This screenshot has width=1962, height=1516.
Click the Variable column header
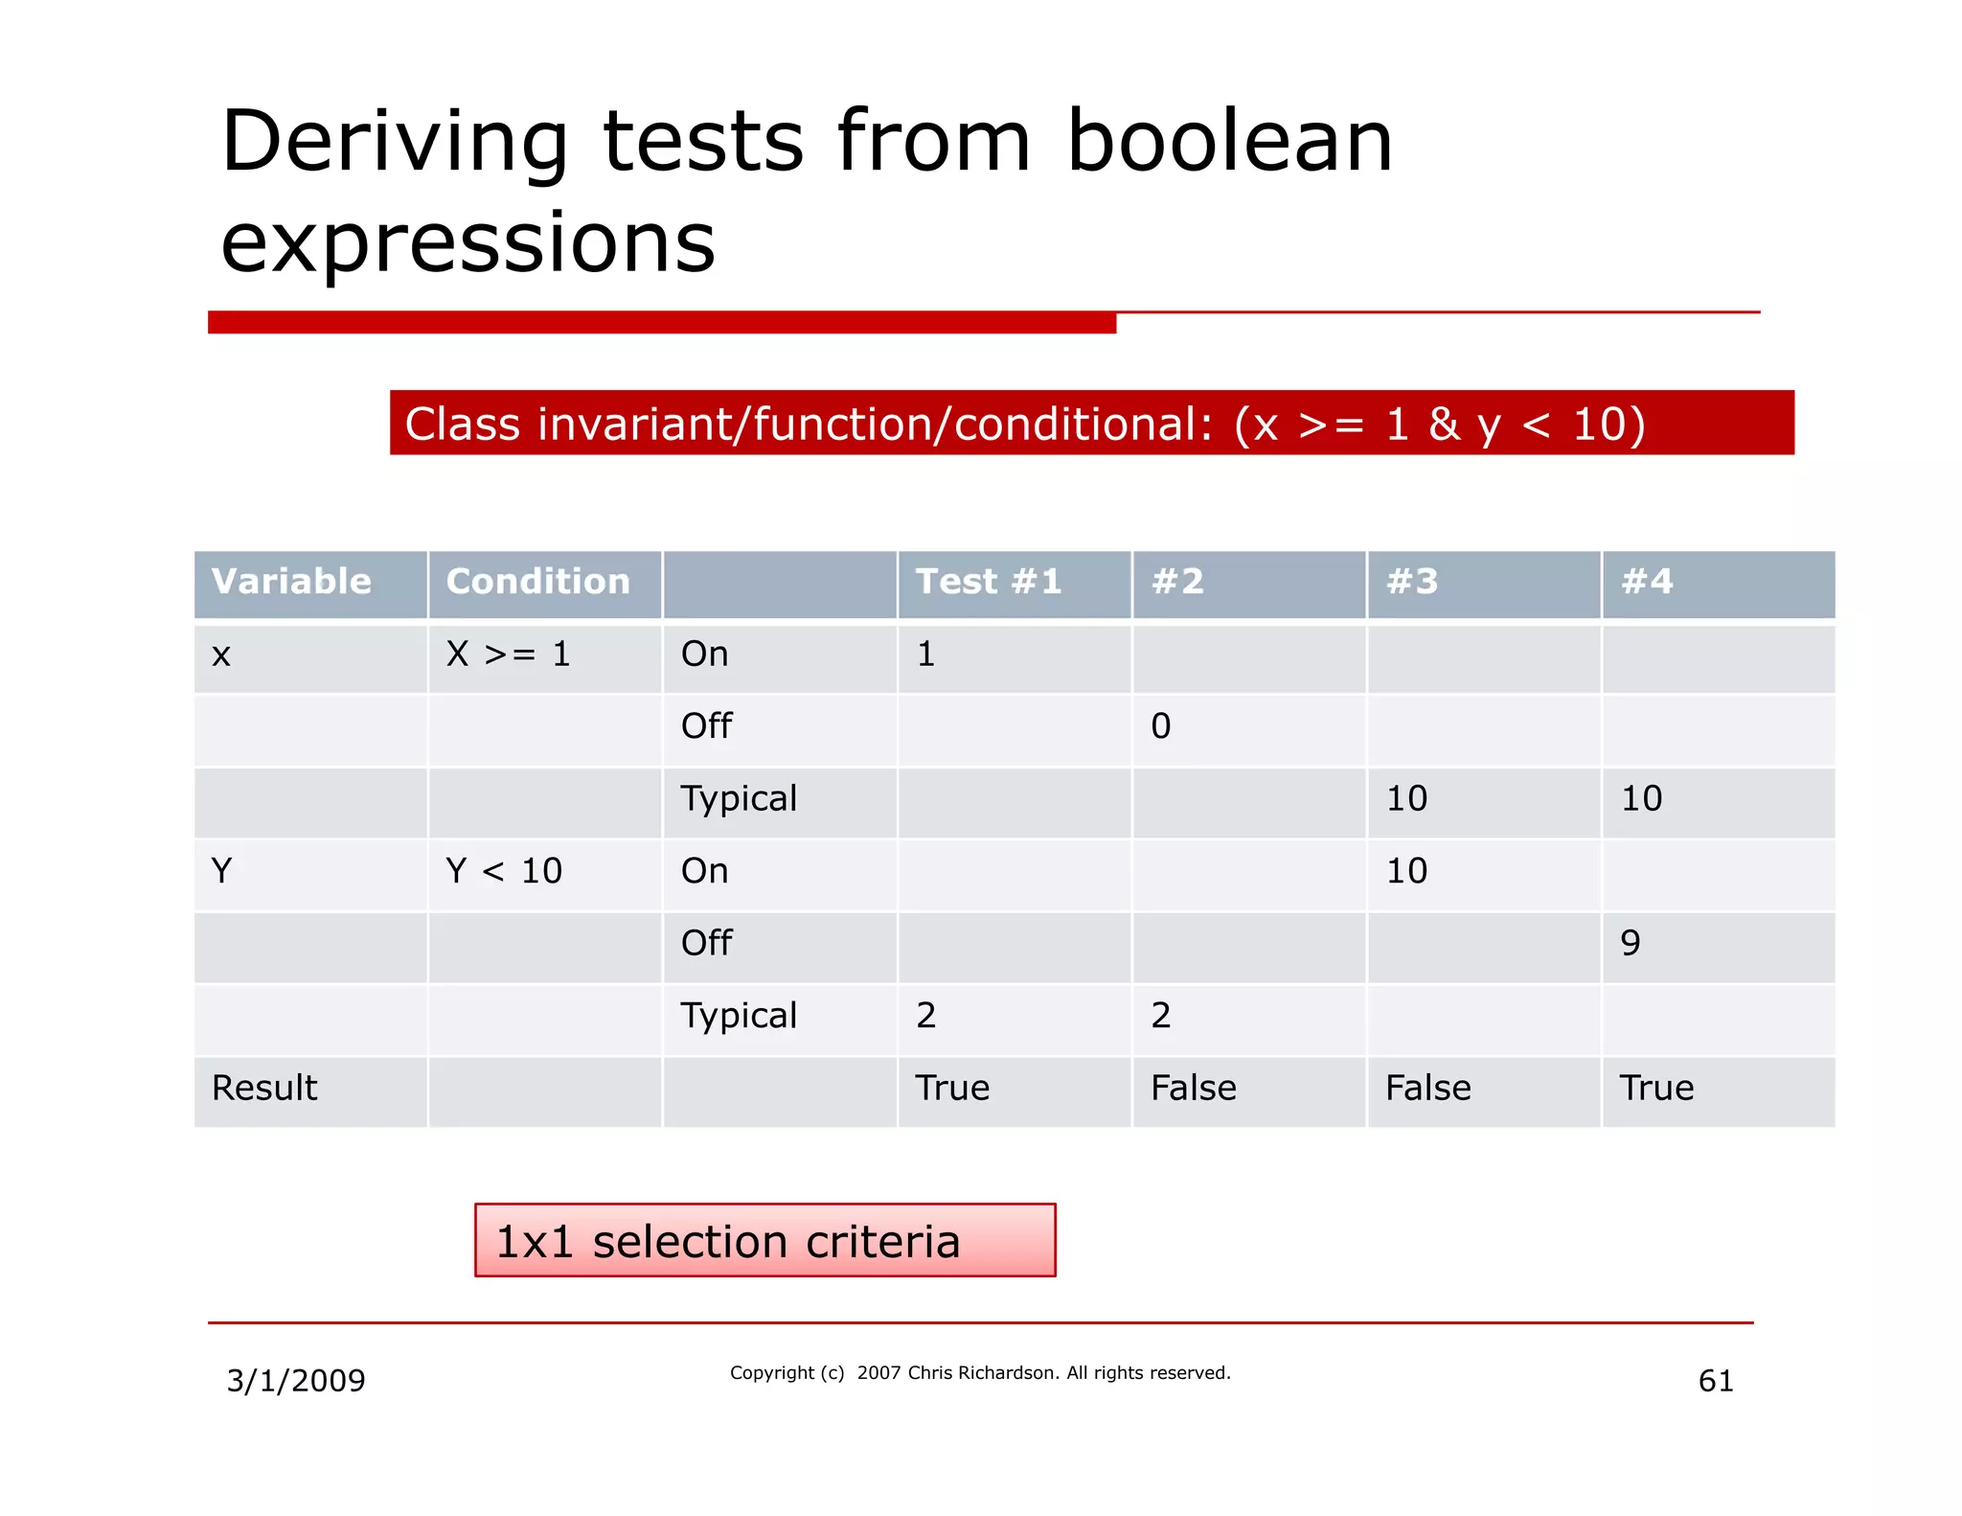coord(291,582)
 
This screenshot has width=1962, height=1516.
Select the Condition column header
coord(537,582)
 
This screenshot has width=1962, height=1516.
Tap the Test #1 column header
coord(988,582)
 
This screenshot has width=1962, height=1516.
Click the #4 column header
coord(1647,582)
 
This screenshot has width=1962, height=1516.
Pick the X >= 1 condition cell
coord(508,655)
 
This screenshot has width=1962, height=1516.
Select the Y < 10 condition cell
coord(504,871)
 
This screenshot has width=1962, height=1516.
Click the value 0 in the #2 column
coord(1160,726)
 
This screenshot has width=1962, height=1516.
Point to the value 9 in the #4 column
coord(1630,944)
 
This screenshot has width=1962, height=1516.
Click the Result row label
coord(264,1089)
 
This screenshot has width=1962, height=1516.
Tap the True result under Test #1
coord(952,1089)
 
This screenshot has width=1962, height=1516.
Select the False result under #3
coord(1427,1089)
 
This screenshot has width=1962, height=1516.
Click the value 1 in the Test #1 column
coord(925,655)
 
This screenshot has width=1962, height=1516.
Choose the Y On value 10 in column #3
coord(1406,871)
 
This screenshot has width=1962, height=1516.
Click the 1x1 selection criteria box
coord(764,1240)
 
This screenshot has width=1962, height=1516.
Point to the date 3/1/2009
coord(296,1381)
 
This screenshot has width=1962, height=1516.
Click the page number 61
coord(1715,1381)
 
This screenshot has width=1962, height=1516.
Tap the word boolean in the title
coord(1229,142)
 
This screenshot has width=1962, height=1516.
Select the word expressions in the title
coord(468,242)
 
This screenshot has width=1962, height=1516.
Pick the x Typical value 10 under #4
coord(1641,799)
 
